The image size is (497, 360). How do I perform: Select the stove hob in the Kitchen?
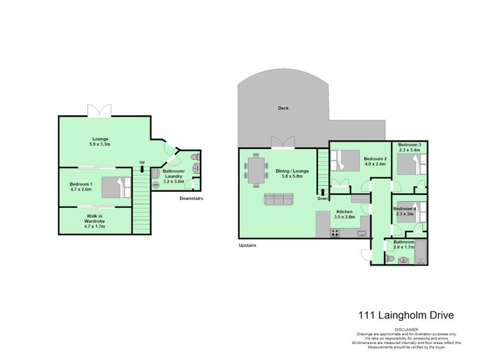point(335,233)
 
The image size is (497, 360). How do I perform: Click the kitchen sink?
point(361,234)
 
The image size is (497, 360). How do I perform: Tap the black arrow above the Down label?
point(322,192)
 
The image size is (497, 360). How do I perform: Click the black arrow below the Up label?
point(142,171)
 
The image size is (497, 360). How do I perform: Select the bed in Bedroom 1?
point(117,186)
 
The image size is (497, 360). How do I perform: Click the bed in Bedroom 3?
point(411,164)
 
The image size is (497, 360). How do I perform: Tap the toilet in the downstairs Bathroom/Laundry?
point(196,156)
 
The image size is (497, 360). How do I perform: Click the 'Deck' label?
point(283,108)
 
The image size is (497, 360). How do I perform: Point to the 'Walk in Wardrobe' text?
point(95,221)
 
